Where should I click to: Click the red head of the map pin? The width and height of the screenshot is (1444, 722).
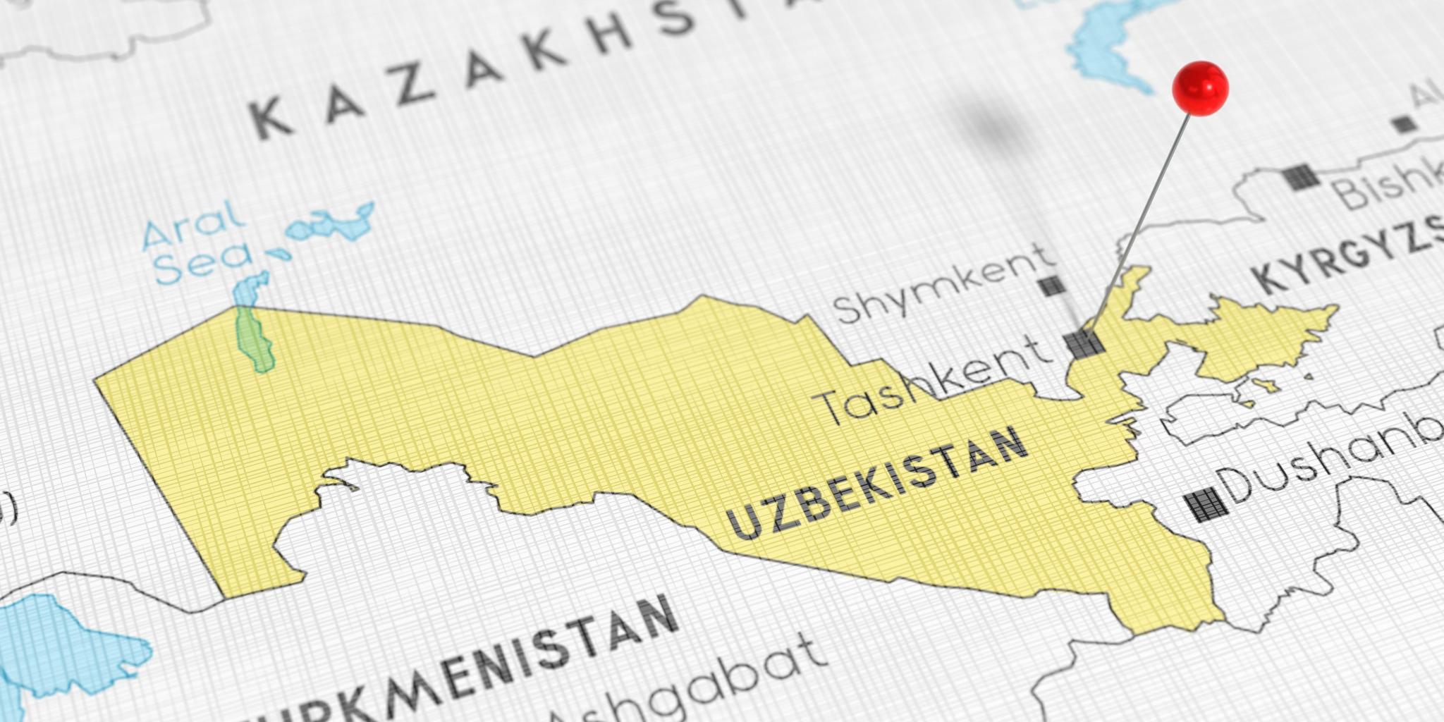(x=1200, y=87)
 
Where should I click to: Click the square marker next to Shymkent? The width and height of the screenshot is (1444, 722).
(x=1051, y=286)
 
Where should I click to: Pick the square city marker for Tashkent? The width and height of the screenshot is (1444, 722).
(x=1084, y=343)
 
